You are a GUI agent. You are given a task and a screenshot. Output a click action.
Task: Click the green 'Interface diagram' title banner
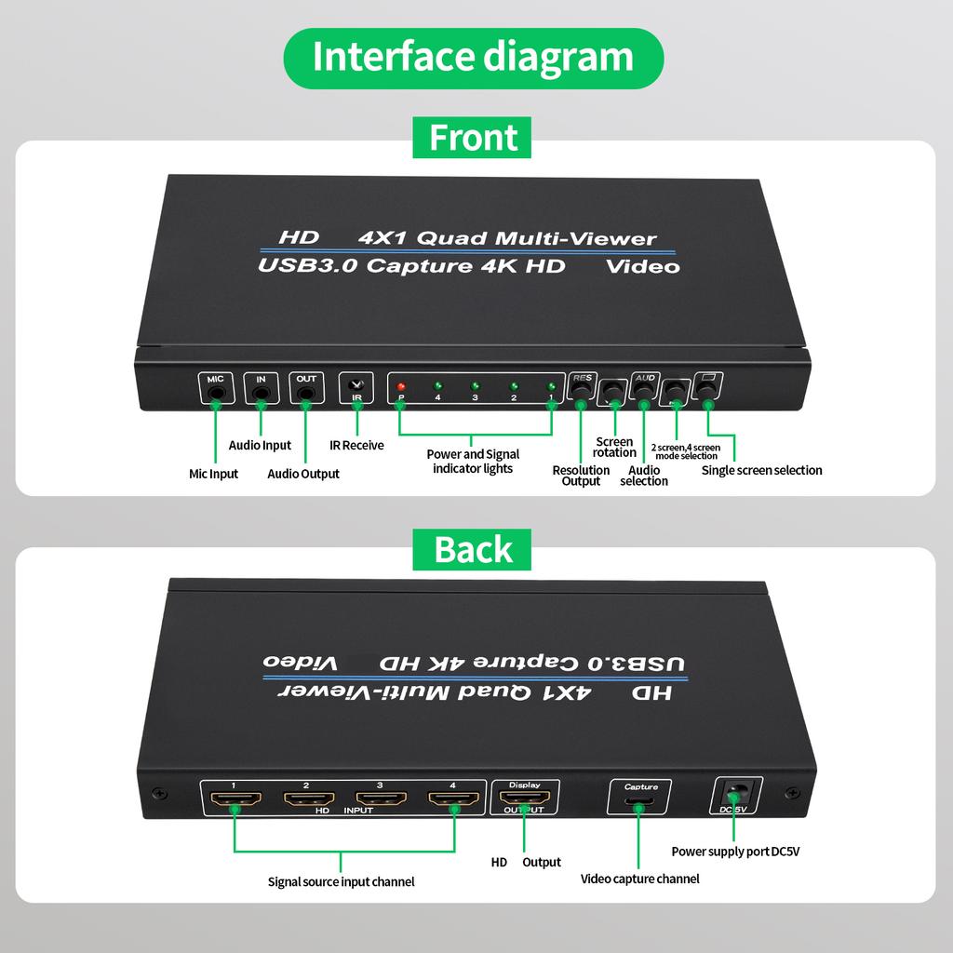click(473, 58)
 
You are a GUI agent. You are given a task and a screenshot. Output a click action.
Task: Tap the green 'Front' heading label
click(472, 138)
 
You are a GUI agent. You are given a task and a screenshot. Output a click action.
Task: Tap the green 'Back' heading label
click(472, 549)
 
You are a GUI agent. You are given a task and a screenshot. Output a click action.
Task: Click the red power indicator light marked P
click(401, 386)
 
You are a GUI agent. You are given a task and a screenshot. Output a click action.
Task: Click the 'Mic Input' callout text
click(213, 474)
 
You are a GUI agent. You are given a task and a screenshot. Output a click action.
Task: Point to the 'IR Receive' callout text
click(356, 445)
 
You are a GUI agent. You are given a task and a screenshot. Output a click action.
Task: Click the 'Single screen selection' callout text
click(761, 470)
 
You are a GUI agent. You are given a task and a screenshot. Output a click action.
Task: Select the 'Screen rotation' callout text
click(614, 447)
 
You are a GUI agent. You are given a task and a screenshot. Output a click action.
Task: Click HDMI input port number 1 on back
click(235, 799)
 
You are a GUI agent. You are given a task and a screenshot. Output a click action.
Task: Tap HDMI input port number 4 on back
click(453, 799)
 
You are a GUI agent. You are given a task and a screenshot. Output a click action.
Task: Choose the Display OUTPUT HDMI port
click(525, 799)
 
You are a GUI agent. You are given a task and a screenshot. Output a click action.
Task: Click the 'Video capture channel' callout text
click(639, 879)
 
